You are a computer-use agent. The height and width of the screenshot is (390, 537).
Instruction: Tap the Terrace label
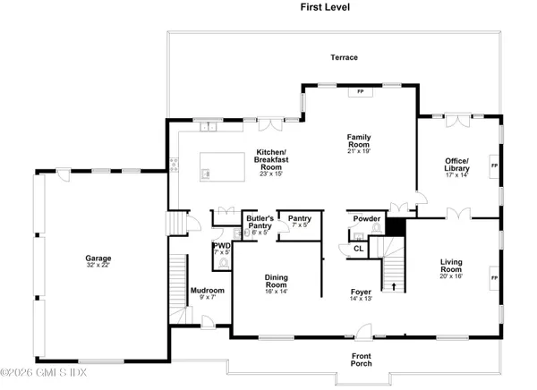(x=342, y=57)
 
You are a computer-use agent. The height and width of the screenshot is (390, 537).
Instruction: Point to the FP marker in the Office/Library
(x=493, y=166)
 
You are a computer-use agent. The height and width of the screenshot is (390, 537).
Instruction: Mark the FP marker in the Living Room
(x=493, y=278)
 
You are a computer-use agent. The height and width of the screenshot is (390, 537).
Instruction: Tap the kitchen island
(x=221, y=165)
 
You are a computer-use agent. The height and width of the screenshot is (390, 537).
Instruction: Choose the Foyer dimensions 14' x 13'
(x=362, y=298)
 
